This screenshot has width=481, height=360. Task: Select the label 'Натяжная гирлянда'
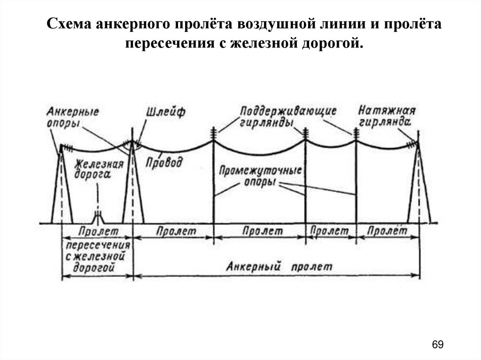pyautogui.click(x=387, y=116)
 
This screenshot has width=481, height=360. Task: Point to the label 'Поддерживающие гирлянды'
pyautogui.click(x=287, y=116)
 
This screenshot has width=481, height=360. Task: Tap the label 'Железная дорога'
pyautogui.click(x=99, y=169)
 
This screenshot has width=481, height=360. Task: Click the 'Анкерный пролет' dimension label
pyautogui.click(x=279, y=267)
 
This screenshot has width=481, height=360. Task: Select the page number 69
pyautogui.click(x=437, y=344)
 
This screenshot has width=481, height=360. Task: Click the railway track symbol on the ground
pyautogui.click(x=98, y=218)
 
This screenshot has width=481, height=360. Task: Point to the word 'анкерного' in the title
pyautogui.click(x=131, y=24)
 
